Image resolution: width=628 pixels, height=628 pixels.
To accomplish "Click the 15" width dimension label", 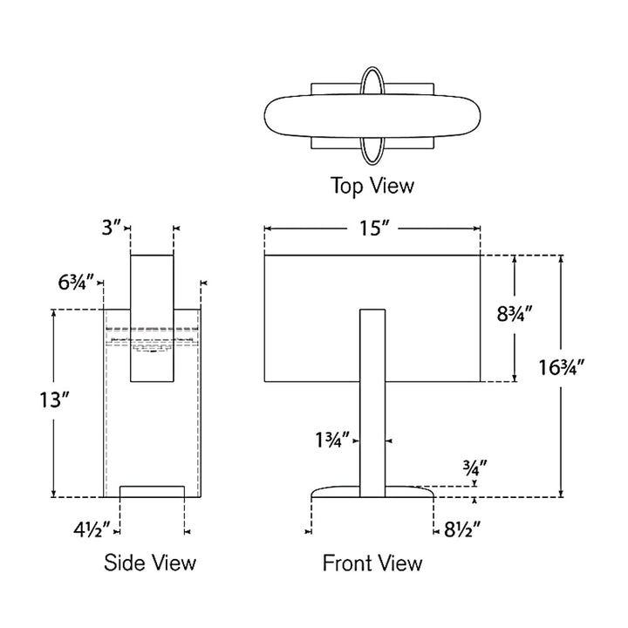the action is [374, 229].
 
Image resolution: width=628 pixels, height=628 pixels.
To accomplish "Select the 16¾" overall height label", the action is [561, 367].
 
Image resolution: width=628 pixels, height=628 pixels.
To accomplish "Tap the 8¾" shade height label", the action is [515, 314].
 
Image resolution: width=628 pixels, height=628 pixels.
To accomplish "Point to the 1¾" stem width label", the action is [332, 440].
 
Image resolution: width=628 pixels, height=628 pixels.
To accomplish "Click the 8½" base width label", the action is [462, 530].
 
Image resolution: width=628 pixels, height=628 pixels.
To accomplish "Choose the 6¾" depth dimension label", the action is [76, 283].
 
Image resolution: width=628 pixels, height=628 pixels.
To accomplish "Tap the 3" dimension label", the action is [111, 228].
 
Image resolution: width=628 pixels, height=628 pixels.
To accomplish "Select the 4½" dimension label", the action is [92, 530].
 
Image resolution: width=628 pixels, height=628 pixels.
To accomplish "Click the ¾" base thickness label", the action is [475, 468].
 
